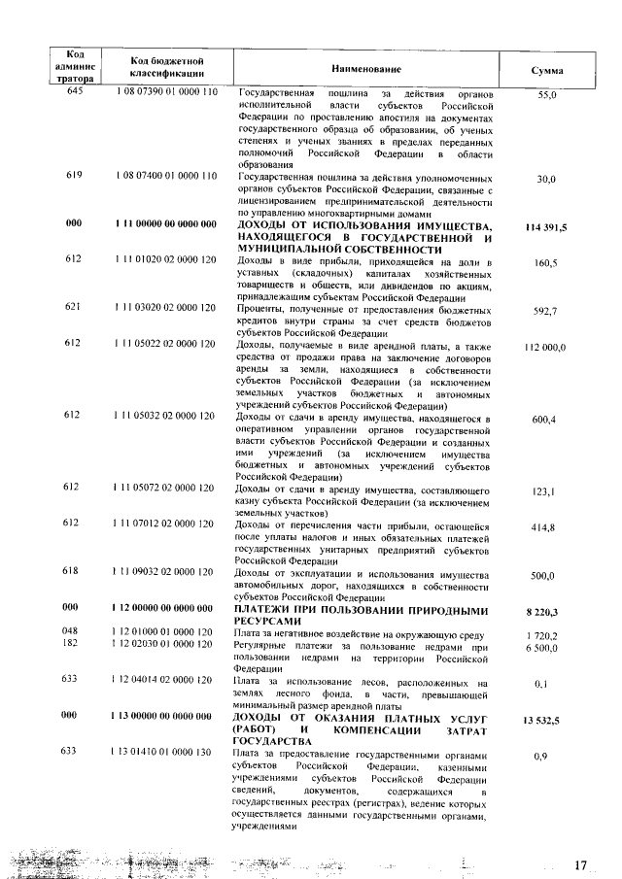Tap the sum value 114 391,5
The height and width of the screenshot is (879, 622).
[545, 226]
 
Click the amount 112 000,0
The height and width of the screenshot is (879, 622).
[545, 347]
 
